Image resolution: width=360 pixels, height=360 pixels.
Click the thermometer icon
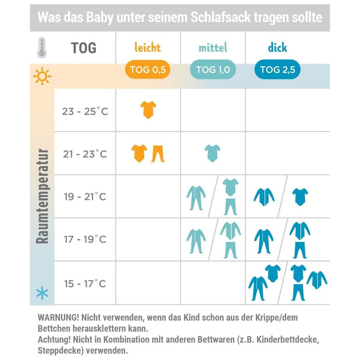pyautogui.click(x=42, y=48)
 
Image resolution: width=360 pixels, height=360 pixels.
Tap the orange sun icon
pyautogui.click(x=42, y=76)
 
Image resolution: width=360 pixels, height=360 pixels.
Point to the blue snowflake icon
pyautogui.click(x=42, y=293)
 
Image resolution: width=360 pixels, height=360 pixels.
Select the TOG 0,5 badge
pyautogui.click(x=148, y=70)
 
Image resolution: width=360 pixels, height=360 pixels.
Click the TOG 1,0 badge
pyautogui.click(x=213, y=70)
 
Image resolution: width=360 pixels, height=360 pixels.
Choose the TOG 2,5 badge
pyautogui.click(x=277, y=70)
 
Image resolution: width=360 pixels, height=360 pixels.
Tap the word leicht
pyautogui.click(x=148, y=47)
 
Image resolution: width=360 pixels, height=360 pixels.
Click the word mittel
pyautogui.click(x=213, y=47)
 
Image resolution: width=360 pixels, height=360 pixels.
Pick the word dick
pyautogui.click(x=277, y=47)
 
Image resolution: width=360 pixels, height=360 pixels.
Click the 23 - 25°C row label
pyautogui.click(x=85, y=111)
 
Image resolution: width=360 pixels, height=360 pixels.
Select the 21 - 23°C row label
pyautogui.click(x=85, y=154)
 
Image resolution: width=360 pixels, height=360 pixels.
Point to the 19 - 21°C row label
pyautogui.click(x=85, y=197)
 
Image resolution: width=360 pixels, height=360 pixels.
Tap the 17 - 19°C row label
pyautogui.click(x=85, y=239)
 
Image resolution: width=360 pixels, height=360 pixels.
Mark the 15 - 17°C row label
pyautogui.click(x=85, y=283)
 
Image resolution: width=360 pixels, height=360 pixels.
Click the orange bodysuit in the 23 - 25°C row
pyautogui.click(x=148, y=110)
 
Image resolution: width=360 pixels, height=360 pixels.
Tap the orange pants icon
pyautogui.click(x=158, y=154)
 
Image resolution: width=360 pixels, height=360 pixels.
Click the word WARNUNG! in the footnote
pyautogui.click(x=58, y=318)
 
